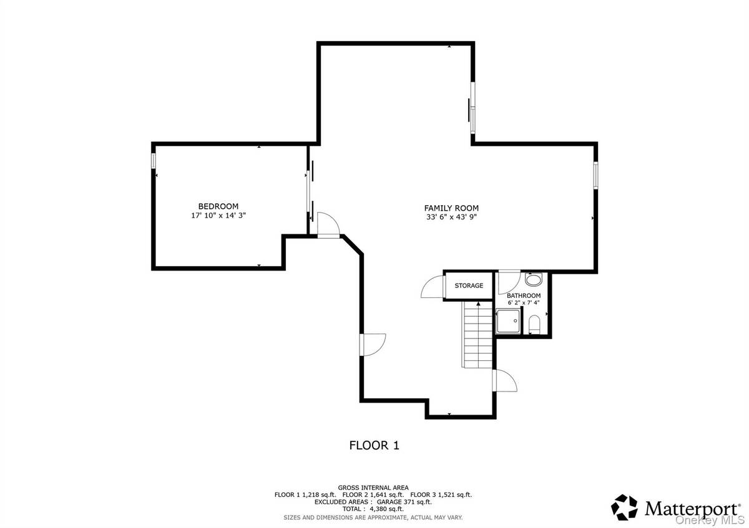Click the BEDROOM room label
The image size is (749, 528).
pos(218,206)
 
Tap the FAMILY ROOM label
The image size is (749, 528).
pos(451,208)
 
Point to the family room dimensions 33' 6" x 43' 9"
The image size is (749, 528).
pos(451,218)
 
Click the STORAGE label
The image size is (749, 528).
pos(468,286)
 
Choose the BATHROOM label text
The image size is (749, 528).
pos(523,295)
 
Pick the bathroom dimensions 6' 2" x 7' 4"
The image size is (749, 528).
pos(523,303)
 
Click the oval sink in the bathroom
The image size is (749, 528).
pos(534,280)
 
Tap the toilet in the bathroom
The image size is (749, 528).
pos(534,324)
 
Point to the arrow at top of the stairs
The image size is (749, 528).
pos(478,304)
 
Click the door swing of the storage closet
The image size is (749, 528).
pos(433,287)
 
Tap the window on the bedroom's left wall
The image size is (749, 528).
pos(153,160)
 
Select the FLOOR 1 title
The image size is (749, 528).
pos(373,445)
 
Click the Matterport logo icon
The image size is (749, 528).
pos(624,507)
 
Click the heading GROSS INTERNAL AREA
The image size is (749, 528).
pos(373,487)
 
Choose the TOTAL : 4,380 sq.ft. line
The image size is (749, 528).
pos(373,509)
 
